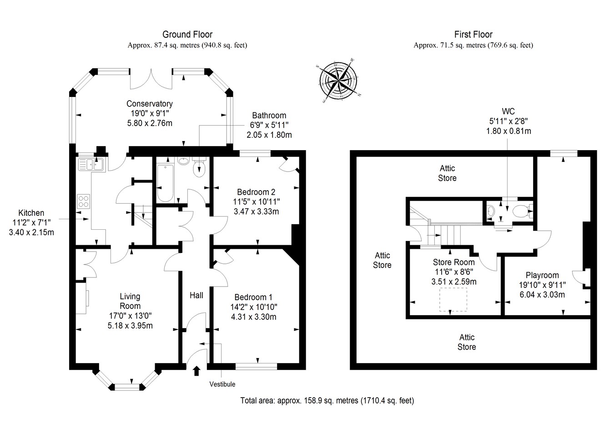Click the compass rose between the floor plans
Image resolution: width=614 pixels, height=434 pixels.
click(338, 81)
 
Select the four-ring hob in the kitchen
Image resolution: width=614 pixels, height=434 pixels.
click(83, 201)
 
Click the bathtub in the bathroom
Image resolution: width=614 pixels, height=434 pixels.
click(165, 182)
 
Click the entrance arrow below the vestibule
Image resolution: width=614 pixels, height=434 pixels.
click(196, 371)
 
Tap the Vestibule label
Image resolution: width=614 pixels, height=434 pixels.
click(222, 384)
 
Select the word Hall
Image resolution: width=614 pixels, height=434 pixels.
click(196, 295)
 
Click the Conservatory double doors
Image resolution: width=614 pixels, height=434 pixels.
click(151, 79)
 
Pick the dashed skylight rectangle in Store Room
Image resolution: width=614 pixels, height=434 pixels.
click(453, 299)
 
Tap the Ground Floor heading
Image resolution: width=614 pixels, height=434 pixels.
click(187, 35)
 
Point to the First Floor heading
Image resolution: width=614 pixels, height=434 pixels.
click(473, 35)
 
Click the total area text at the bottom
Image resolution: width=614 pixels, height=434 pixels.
click(327, 401)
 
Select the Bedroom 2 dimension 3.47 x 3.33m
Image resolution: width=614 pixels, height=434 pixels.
click(257, 212)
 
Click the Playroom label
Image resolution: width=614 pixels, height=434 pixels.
click(542, 275)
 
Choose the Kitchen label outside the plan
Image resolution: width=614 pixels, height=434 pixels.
click(31, 213)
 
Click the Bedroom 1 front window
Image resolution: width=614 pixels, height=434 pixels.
click(257, 366)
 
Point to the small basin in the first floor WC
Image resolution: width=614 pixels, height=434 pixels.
click(491, 212)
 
